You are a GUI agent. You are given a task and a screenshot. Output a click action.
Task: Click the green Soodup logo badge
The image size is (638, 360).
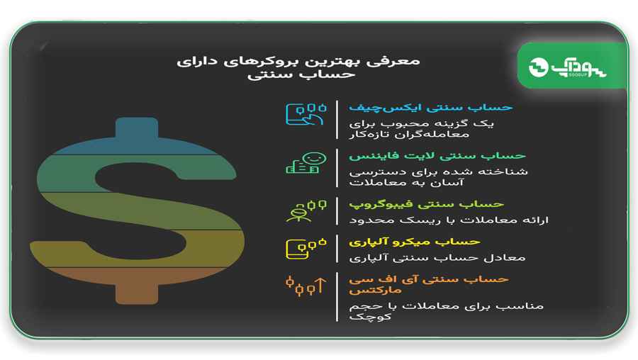[572, 66]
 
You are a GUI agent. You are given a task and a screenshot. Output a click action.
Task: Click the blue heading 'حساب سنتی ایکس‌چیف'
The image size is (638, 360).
[430, 108]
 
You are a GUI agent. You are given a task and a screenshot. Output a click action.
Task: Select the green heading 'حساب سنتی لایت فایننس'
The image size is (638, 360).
[437, 156]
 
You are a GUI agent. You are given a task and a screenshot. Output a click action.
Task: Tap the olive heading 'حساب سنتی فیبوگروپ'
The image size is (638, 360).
[427, 204]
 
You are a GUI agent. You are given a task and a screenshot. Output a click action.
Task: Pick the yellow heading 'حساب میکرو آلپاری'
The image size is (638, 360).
[414, 242]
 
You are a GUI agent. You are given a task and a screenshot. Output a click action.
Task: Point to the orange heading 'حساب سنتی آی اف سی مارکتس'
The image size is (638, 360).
[428, 285]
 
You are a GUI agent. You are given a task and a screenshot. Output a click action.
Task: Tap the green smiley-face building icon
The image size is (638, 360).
[306, 163]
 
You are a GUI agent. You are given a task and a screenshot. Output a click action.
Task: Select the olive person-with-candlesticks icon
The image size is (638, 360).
[306, 210]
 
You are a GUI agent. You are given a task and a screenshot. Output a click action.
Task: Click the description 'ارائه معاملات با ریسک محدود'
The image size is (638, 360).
[449, 220]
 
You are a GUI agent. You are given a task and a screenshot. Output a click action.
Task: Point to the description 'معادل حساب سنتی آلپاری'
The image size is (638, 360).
[437, 258]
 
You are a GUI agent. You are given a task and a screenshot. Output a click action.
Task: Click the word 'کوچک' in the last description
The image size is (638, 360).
[370, 317]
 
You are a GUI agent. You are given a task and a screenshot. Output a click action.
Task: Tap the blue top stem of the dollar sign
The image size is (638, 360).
[137, 128]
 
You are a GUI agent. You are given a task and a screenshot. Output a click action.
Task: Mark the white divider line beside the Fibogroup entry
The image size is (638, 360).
[337, 211]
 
